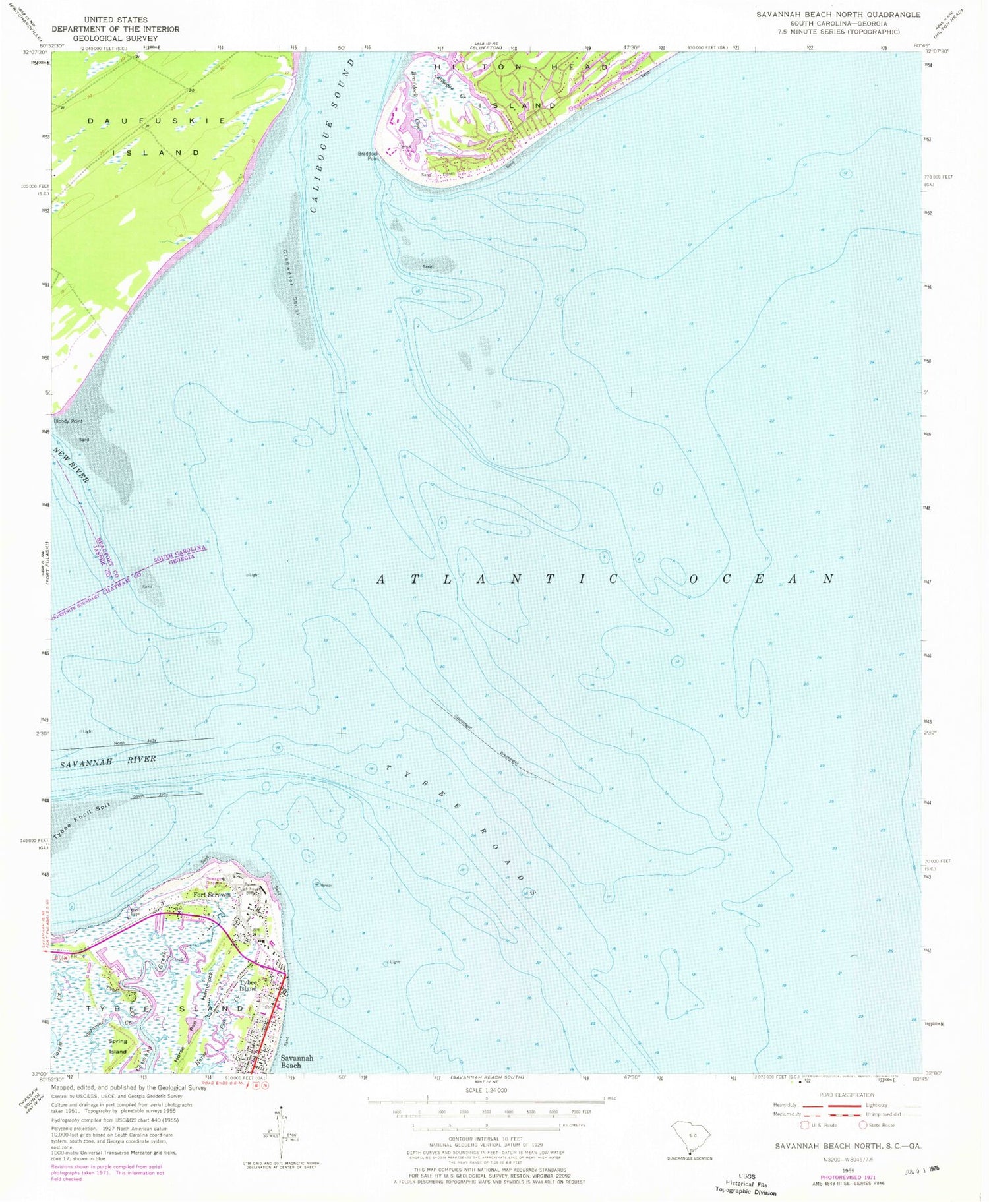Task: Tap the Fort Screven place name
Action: [212, 895]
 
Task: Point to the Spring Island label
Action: [118, 1046]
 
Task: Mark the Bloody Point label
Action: [68, 421]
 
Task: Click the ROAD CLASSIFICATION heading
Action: [846, 1095]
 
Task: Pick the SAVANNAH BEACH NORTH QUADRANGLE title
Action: [838, 14]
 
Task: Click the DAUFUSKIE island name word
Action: [158, 121]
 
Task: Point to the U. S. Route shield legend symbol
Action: [804, 1125]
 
